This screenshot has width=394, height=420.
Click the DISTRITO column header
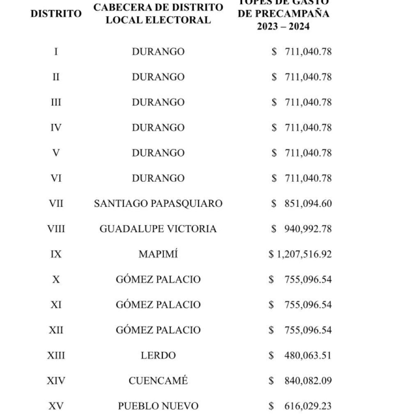(x=56, y=14)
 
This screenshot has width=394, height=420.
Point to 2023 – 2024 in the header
(x=283, y=26)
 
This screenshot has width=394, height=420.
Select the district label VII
(x=56, y=203)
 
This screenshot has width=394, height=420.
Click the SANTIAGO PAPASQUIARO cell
(x=158, y=203)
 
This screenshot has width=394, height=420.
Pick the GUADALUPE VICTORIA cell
(x=158, y=229)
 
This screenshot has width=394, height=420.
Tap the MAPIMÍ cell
(x=158, y=254)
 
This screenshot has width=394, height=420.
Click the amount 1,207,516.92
(x=304, y=254)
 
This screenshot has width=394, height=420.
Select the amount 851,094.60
(x=308, y=203)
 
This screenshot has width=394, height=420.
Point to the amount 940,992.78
(x=308, y=229)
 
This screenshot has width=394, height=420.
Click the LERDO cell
(x=158, y=355)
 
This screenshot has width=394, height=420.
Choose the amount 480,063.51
(x=308, y=355)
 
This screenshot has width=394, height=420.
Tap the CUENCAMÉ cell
(x=158, y=381)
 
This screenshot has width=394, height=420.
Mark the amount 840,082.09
(x=308, y=381)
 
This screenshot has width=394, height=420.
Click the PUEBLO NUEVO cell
(x=158, y=406)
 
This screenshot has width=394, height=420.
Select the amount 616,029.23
(x=308, y=406)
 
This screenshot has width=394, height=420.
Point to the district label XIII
(x=56, y=355)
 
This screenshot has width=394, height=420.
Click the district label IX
(x=56, y=254)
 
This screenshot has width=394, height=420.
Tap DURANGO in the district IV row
(x=158, y=127)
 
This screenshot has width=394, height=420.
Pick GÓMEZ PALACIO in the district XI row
(x=158, y=305)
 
